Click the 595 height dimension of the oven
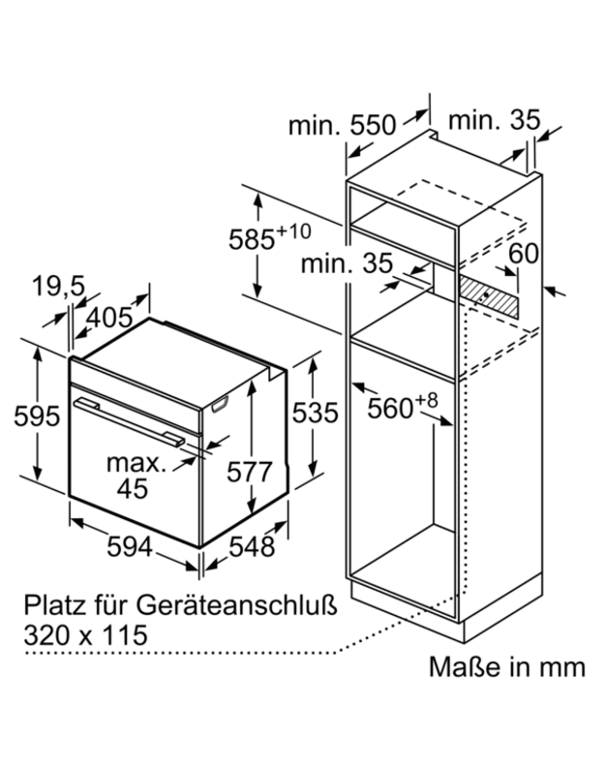[x=37, y=415]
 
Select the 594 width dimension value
[x=130, y=546]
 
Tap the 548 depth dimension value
[x=252, y=546]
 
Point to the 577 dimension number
[x=249, y=473]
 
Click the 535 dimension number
[x=316, y=413]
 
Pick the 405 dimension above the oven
[x=109, y=318]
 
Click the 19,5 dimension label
[x=59, y=287]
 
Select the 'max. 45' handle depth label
[x=135, y=476]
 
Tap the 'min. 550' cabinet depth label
[x=342, y=125]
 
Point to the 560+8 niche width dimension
[x=402, y=406]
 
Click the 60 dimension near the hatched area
[x=523, y=254]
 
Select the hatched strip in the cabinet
[x=488, y=295]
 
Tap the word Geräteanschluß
[x=237, y=606]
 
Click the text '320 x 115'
[x=86, y=635]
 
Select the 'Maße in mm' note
[x=507, y=667]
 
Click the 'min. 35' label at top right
[x=494, y=120]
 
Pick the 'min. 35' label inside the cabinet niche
[x=347, y=263]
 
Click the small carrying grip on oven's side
[x=219, y=404]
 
